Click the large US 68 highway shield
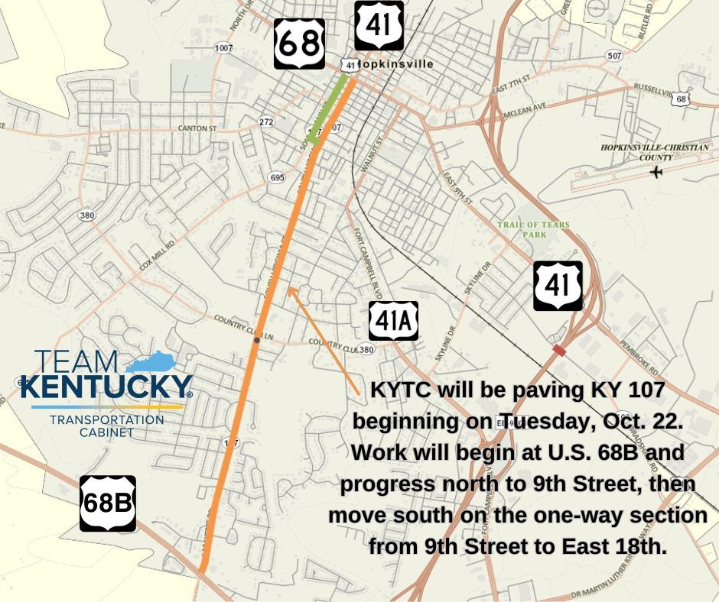pos(299,44)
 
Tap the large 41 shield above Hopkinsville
pos(379,26)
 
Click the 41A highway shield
pos(394,321)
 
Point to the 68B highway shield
pos(108,503)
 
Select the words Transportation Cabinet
pos(106,426)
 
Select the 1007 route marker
pos(223,48)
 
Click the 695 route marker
pos(277,177)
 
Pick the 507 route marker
pos(613,55)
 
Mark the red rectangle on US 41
pos(559,350)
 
